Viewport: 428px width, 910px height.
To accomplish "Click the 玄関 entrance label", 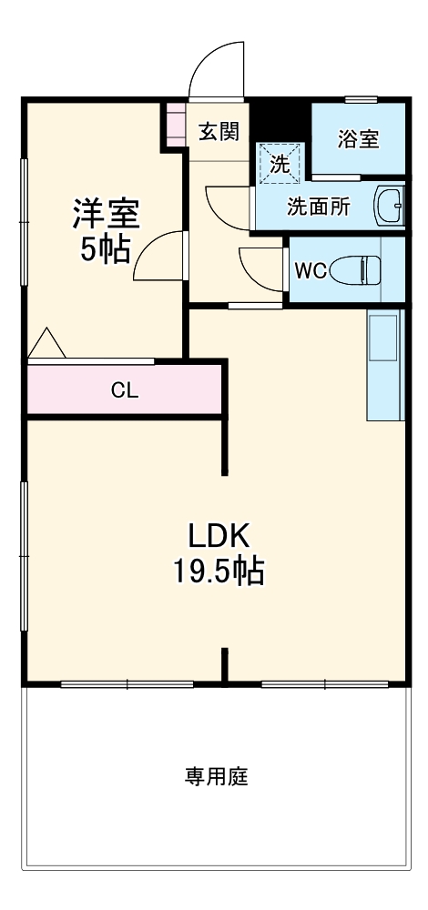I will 219,133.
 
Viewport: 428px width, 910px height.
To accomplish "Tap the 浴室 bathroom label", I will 358,139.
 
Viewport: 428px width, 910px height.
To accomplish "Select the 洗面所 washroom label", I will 318,206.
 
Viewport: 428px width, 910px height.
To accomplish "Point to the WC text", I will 309,269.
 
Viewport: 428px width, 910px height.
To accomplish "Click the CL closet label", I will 125,389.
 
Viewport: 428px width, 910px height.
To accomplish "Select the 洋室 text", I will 106,215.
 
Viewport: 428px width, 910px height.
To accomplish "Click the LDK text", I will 219,534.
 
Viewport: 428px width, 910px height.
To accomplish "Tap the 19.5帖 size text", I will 219,571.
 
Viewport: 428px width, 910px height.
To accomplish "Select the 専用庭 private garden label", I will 217,777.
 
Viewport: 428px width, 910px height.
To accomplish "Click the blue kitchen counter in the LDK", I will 385,364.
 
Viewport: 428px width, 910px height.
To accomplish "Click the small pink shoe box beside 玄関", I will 175,125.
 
